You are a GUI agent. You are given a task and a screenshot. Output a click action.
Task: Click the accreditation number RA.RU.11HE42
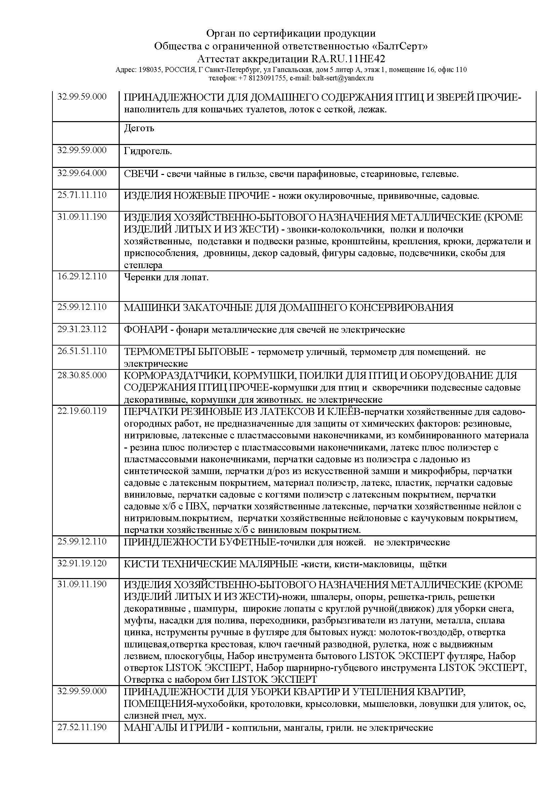tap(348, 59)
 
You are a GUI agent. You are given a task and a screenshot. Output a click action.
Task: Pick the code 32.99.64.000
tap(82, 173)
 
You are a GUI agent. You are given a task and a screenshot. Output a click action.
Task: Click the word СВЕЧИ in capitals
tap(141, 174)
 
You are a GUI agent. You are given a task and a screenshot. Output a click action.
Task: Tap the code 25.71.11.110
tap(82, 195)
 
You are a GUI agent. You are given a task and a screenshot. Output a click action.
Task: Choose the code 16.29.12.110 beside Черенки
tap(82, 276)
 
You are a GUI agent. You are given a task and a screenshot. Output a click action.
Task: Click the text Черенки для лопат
tap(166, 277)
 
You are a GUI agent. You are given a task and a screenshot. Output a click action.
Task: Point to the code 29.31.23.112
tap(82, 329)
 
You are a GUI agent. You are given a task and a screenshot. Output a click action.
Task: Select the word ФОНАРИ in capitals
tap(146, 330)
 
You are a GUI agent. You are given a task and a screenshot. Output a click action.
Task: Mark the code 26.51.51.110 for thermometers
tap(82, 351)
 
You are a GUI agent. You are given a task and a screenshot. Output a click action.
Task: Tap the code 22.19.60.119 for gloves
tap(82, 411)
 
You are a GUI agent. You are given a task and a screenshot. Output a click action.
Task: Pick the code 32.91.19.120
tap(82, 563)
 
